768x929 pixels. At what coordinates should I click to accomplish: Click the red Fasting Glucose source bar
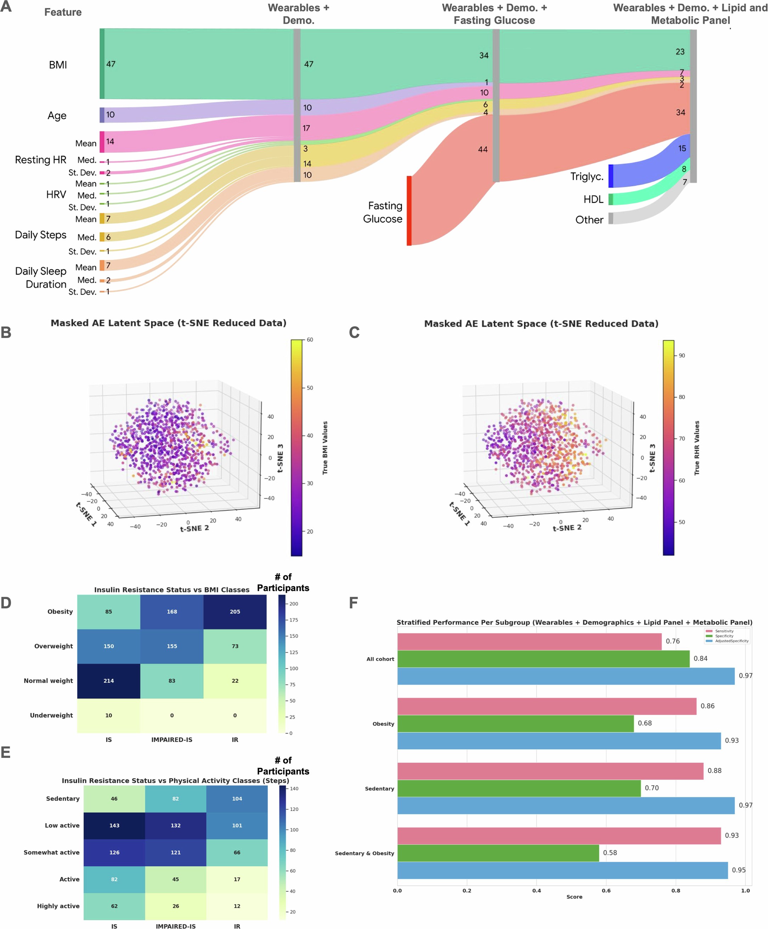[409, 211]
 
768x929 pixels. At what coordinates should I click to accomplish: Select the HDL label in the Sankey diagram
[593, 199]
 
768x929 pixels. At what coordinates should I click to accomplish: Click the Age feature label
[57, 115]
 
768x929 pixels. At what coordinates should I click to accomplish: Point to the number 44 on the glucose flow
[482, 149]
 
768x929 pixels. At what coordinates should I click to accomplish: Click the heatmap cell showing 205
[235, 612]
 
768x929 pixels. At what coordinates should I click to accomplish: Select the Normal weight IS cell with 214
[109, 681]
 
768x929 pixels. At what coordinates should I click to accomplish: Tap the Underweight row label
[51, 715]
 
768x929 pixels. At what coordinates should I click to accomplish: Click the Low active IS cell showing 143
[114, 826]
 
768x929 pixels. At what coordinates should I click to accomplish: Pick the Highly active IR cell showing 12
[237, 906]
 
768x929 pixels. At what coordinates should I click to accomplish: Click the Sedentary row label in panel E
[63, 799]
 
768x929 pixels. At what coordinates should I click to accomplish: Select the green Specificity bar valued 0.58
[498, 853]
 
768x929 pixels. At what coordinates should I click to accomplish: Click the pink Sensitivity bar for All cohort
[529, 641]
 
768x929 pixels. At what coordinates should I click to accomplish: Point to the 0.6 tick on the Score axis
[606, 890]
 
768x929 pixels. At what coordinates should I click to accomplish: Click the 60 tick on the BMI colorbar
[310, 340]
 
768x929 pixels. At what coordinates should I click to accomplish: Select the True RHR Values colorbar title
[697, 448]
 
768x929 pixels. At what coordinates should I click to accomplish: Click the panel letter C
[354, 333]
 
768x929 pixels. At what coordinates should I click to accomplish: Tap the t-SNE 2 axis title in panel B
[194, 528]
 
